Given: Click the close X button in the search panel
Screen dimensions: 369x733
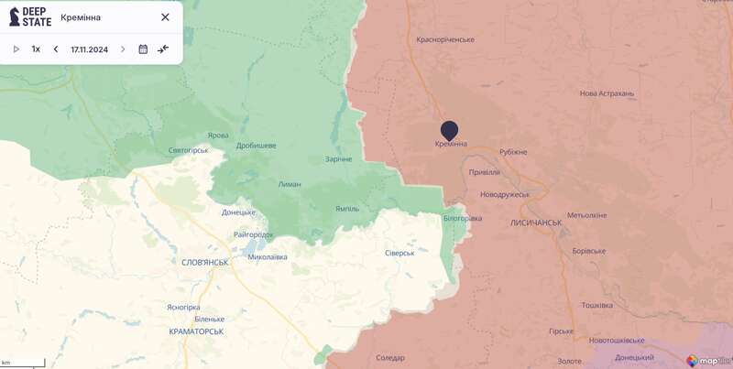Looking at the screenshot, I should pyautogui.click(x=165, y=17).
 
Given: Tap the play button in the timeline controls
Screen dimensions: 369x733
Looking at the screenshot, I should pyautogui.click(x=16, y=49).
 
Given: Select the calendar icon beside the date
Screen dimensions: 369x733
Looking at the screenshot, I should pyautogui.click(x=143, y=49).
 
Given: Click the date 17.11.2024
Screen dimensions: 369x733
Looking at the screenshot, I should pyautogui.click(x=89, y=49).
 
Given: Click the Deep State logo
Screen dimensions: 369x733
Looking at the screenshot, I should pyautogui.click(x=29, y=16).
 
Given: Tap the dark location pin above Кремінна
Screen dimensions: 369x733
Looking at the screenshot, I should pyautogui.click(x=449, y=131).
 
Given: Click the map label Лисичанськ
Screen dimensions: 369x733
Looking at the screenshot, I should pyautogui.click(x=536, y=222).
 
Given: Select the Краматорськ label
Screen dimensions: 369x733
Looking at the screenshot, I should pyautogui.click(x=197, y=331).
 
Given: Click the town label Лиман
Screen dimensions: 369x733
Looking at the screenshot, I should pyautogui.click(x=290, y=184).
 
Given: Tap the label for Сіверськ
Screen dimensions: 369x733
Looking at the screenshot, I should pyautogui.click(x=399, y=253).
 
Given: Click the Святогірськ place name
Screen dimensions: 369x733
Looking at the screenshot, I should pyautogui.click(x=190, y=150).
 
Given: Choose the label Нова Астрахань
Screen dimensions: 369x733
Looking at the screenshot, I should pyautogui.click(x=607, y=93).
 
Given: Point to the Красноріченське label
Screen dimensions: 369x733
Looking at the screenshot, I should pyautogui.click(x=445, y=39).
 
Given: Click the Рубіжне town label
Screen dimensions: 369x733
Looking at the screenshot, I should pyautogui.click(x=513, y=152).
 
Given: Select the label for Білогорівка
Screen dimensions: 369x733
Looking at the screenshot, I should pyautogui.click(x=463, y=218).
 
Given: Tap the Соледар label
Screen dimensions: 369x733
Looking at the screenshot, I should pyautogui.click(x=390, y=357).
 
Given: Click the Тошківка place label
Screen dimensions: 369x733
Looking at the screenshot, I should pyautogui.click(x=596, y=305).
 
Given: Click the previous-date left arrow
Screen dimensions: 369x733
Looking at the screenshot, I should pyautogui.click(x=56, y=49).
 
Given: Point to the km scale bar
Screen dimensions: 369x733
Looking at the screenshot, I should pyautogui.click(x=22, y=364).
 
